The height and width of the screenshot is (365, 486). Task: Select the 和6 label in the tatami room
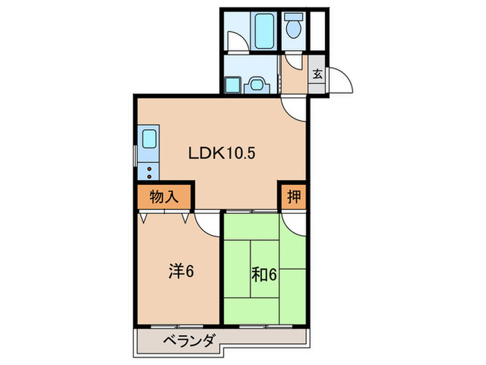pyautogui.click(x=265, y=275)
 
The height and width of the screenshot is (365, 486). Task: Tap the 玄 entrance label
pyautogui.click(x=317, y=74)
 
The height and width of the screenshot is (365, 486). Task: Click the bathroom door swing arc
pyautogui.click(x=238, y=42)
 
